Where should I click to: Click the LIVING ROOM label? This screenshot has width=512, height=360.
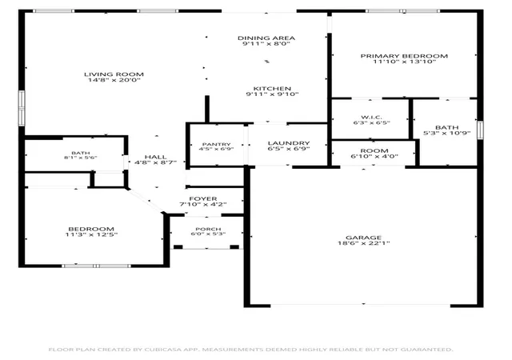tap(114, 74)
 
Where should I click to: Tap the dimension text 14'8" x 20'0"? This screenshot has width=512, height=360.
tap(114, 80)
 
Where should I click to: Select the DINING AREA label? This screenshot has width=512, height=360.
tap(266, 38)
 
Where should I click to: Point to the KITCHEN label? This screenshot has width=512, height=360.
tap(272, 89)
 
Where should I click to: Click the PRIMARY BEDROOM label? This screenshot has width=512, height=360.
tap(404, 56)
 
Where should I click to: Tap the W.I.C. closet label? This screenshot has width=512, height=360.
tap(371, 118)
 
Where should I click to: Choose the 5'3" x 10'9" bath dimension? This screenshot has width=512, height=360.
tap(446, 133)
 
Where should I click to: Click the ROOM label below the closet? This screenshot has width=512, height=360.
tap(374, 150)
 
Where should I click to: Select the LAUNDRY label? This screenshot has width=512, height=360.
tap(289, 143)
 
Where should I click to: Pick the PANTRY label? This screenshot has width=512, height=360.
tap(217, 144)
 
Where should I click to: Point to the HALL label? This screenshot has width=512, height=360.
tap(156, 157)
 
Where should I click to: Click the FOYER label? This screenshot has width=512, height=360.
tap(203, 198)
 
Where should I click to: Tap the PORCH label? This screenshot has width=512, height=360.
tap(208, 229)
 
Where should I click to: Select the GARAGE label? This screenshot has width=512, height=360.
tap(363, 238)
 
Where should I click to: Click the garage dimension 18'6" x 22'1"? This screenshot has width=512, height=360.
tap(363, 243)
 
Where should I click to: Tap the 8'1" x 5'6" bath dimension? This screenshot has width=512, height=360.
tap(81, 158)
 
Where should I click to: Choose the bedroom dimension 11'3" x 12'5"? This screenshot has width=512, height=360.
tap(91, 234)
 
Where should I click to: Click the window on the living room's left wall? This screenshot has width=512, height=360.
tap(22, 108)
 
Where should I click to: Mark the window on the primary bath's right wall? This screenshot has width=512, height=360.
tap(480, 130)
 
